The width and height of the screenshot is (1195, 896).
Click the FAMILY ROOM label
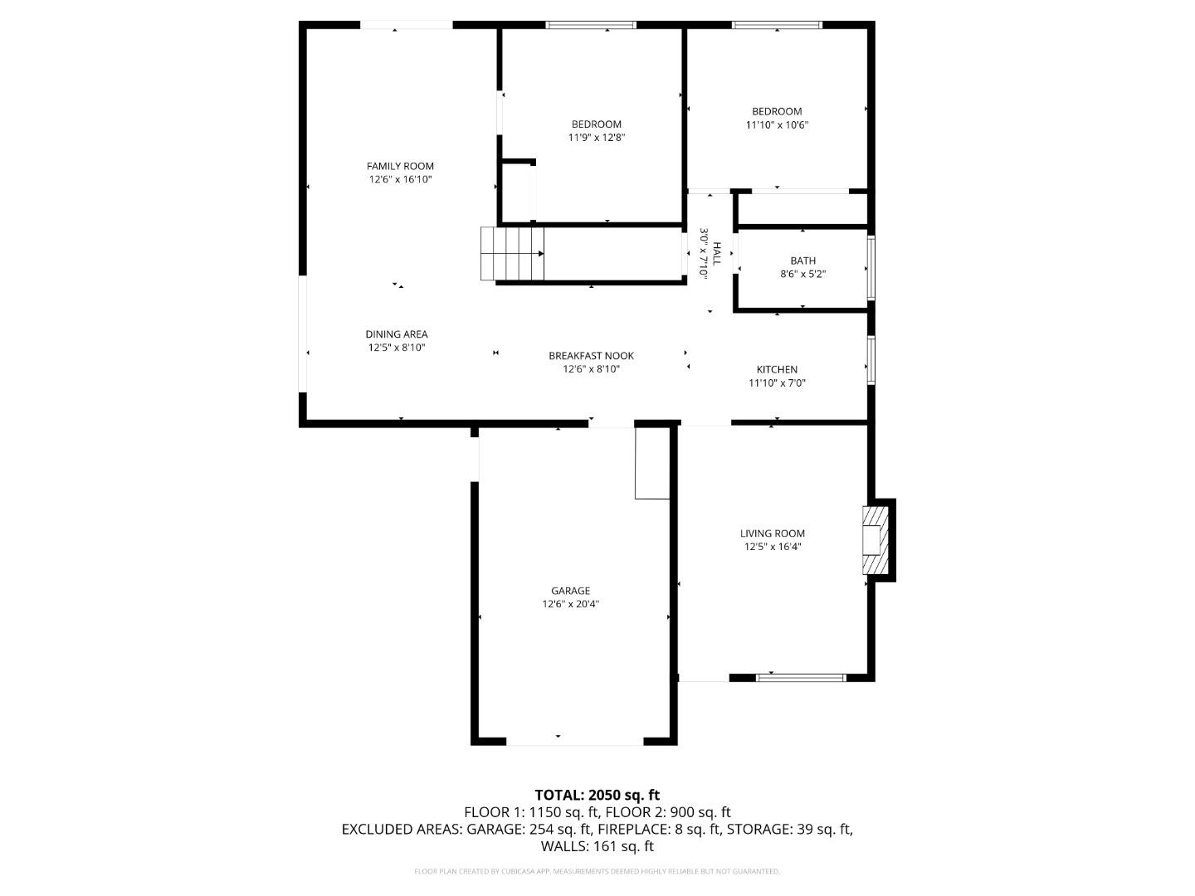pyautogui.click(x=400, y=166)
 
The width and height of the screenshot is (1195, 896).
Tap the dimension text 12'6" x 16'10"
pyautogui.click(x=400, y=179)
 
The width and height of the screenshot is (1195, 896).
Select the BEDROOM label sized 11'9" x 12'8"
pyautogui.click(x=596, y=124)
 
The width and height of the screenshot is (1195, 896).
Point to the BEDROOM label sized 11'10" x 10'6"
pyautogui.click(x=777, y=111)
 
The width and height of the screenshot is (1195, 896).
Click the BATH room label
pyautogui.click(x=802, y=261)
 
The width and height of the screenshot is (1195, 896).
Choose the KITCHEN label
pyautogui.click(x=777, y=369)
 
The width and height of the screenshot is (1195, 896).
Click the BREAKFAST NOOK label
pyautogui.click(x=591, y=356)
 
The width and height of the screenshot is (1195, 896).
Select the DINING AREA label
pyautogui.click(x=397, y=334)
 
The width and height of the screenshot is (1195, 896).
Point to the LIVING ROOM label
pyautogui.click(x=773, y=533)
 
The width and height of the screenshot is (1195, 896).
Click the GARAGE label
pyautogui.click(x=571, y=591)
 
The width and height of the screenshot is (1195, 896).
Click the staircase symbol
pyautogui.click(x=512, y=254)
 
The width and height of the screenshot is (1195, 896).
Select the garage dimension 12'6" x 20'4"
pyautogui.click(x=571, y=605)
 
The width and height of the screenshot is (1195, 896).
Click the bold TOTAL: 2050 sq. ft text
pyautogui.click(x=597, y=795)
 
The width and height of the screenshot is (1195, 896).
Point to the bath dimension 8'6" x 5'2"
pyautogui.click(x=802, y=274)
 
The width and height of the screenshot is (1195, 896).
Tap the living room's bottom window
pyautogui.click(x=802, y=678)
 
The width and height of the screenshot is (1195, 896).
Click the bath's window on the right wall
pyautogui.click(x=871, y=268)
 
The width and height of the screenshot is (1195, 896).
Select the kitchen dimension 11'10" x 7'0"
pyautogui.click(x=777, y=383)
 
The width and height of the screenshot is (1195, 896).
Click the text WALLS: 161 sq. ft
pyautogui.click(x=597, y=846)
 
